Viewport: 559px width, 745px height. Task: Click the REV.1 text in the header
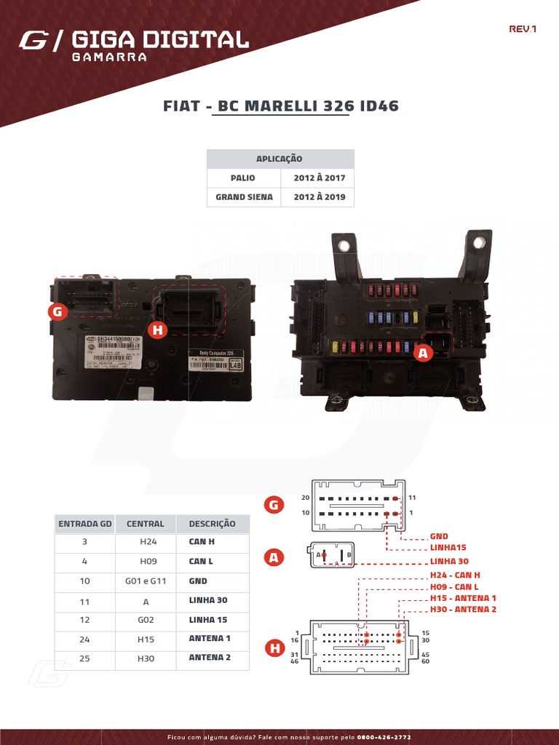[x=523, y=30]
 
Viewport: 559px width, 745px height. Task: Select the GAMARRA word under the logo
[x=109, y=57]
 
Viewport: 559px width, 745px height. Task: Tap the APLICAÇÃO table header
[x=279, y=159]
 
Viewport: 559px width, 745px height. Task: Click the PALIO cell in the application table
[x=243, y=178]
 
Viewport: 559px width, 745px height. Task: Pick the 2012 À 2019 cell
[x=319, y=196]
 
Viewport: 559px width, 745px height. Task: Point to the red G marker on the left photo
[x=57, y=312]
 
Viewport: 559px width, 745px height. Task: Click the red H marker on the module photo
[x=156, y=330]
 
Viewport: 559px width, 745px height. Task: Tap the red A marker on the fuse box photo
[x=423, y=353]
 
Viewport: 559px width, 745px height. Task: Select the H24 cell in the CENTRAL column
[x=148, y=542]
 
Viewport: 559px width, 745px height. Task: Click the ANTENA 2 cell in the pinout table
[x=210, y=657]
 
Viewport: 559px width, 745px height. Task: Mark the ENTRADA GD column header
[x=85, y=524]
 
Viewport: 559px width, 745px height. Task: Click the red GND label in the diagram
[x=439, y=536]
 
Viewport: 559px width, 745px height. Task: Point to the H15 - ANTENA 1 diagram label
[x=463, y=598]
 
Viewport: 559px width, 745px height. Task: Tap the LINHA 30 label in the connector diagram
[x=449, y=561]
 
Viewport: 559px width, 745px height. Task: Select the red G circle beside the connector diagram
[x=274, y=505]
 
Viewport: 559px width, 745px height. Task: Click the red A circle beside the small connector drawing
[x=274, y=558]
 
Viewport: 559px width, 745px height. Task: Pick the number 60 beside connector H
[x=425, y=661]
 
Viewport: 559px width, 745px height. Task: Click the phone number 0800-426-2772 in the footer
[x=384, y=737]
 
